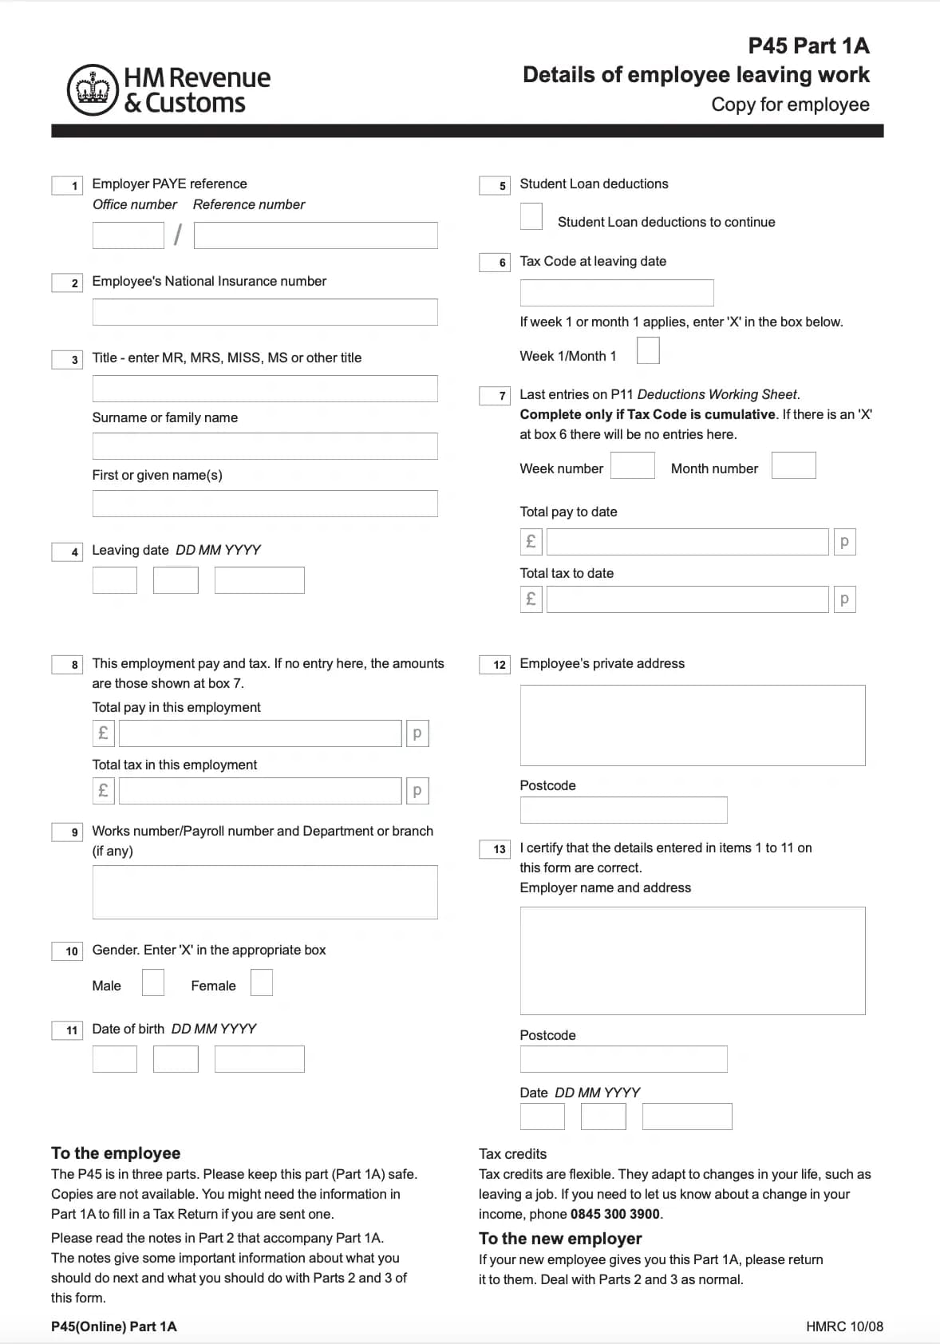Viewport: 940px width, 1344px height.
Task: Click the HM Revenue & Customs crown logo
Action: coord(93,89)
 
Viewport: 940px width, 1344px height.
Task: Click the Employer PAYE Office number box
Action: coord(128,235)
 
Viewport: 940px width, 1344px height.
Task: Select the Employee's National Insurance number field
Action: coord(265,312)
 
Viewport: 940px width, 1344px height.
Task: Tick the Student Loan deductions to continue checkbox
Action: coord(531,216)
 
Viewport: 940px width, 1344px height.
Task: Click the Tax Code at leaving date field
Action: coord(616,293)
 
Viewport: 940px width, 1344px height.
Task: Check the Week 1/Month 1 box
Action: coord(648,350)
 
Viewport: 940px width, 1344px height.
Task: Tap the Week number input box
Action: coord(632,465)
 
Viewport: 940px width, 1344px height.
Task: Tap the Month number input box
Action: coord(793,465)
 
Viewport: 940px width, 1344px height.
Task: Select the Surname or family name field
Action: coord(265,446)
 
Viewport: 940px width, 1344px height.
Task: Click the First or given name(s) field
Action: coord(265,504)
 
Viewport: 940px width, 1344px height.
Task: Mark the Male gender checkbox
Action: coord(152,982)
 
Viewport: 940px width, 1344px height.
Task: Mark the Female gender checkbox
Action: coord(261,982)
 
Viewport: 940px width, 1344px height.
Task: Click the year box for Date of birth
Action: coord(259,1059)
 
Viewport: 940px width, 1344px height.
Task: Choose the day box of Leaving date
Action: coord(115,580)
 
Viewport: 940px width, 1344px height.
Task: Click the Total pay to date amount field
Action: coord(687,542)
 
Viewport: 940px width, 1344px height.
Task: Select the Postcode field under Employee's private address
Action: coord(623,810)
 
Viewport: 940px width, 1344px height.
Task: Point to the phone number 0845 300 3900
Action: coord(615,1214)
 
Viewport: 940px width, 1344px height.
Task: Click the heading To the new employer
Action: coord(560,1238)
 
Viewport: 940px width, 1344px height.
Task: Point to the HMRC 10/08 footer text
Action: coord(844,1326)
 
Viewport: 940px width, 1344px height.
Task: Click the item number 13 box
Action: coord(495,849)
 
